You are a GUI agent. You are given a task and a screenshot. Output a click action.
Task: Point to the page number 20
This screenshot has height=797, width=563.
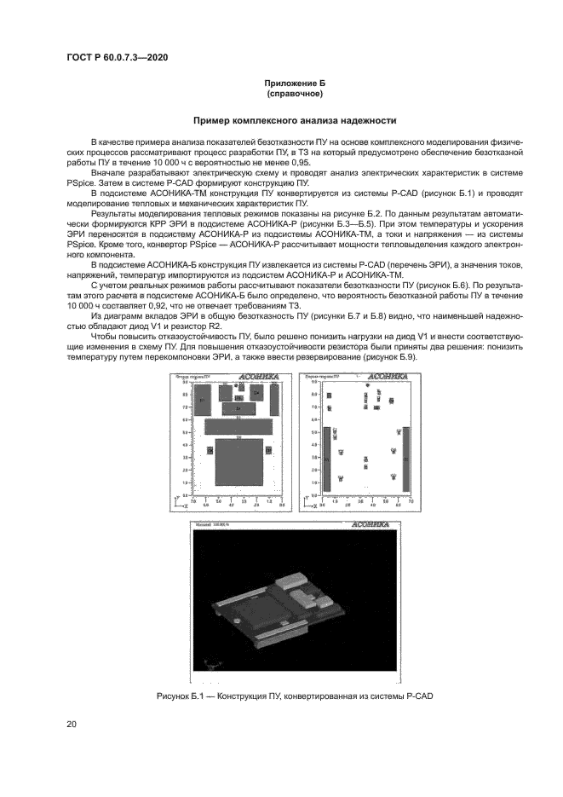click(72, 724)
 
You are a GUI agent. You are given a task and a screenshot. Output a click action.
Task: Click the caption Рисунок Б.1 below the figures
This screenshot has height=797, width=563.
click(295, 696)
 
